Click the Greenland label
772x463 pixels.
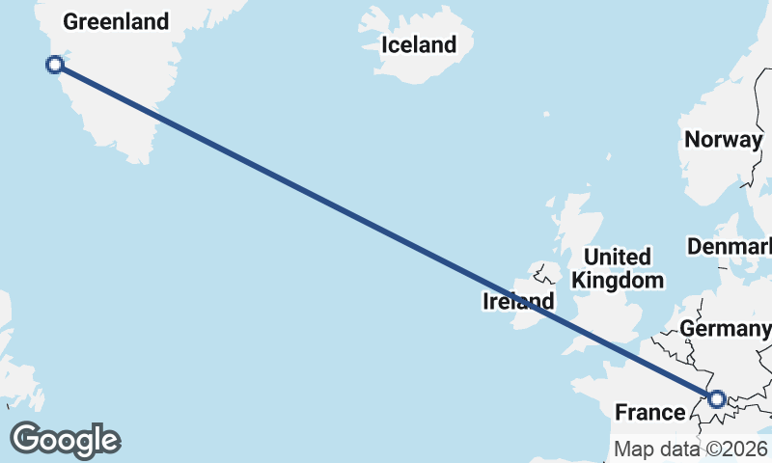coord(116,21)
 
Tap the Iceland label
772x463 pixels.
coord(418,44)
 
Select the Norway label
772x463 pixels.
coord(723,139)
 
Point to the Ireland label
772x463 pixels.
coord(518,302)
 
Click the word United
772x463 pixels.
coord(618,258)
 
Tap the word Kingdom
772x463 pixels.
coord(618,281)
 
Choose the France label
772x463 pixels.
coord(649,413)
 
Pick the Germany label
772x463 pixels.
coord(724,329)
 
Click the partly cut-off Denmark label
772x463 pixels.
coord(730,247)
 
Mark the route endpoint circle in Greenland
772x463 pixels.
coord(55,65)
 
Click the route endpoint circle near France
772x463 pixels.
coord(716,398)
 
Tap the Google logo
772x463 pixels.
coord(65,440)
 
